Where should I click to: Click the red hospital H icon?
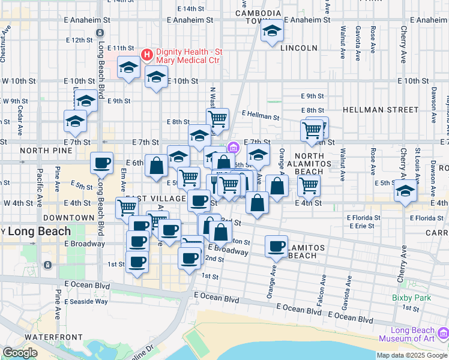pos(146,55)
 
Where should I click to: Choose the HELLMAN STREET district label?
pos(381,110)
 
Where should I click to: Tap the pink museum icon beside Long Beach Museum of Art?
pos(443,332)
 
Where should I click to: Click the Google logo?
pos(20,353)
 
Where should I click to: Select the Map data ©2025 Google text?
pos(412,355)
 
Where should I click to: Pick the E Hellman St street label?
pos(261,114)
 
